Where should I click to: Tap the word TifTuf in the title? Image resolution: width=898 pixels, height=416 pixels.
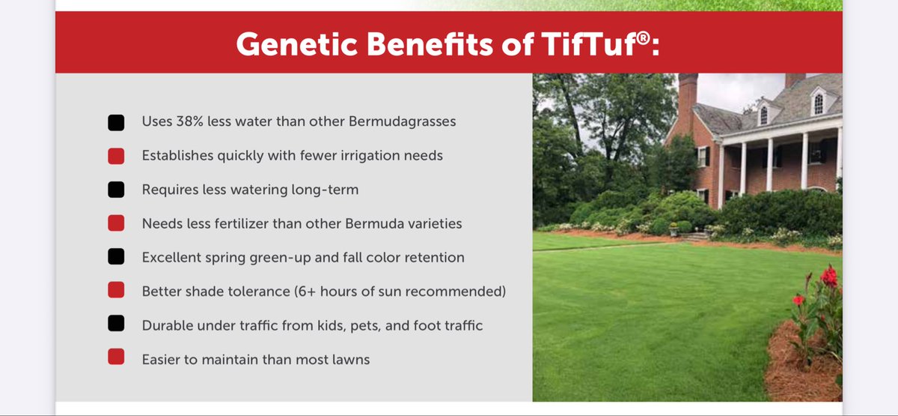click(594, 44)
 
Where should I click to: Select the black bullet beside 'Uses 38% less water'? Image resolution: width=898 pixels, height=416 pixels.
click(116, 122)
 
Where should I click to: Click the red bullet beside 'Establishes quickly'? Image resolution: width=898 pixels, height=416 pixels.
click(116, 156)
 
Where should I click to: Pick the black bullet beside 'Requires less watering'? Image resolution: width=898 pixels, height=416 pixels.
click(116, 190)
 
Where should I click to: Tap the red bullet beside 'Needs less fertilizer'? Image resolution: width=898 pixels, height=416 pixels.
click(116, 224)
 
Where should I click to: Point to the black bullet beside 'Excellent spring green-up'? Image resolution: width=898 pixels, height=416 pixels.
click(116, 258)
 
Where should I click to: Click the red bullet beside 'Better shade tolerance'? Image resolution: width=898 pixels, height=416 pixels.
click(116, 292)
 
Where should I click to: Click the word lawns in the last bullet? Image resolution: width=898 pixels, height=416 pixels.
click(349, 360)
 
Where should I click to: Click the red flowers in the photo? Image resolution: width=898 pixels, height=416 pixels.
click(828, 277)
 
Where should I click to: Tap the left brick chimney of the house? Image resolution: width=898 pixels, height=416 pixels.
click(687, 97)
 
